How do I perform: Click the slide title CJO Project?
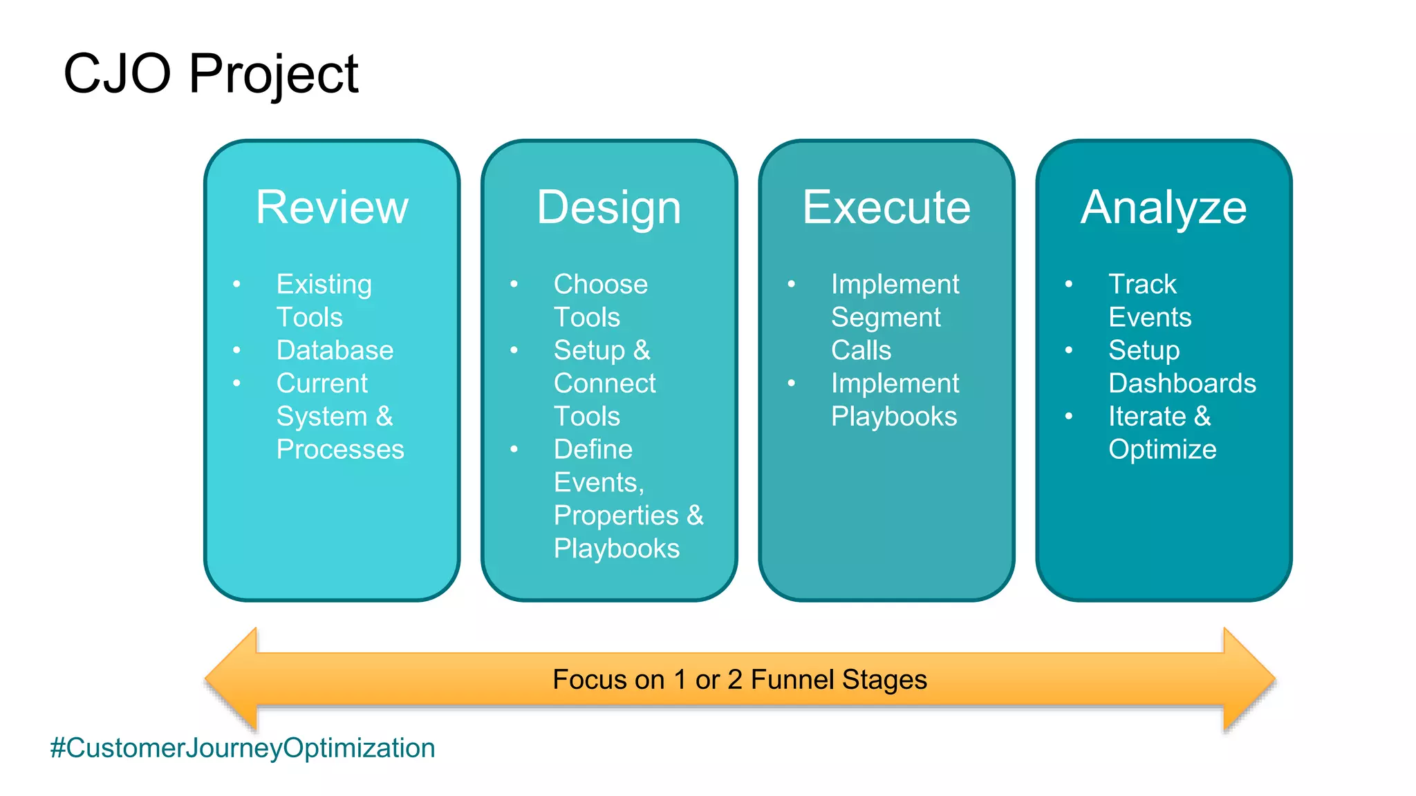coord(210,74)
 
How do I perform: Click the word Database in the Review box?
coord(335,350)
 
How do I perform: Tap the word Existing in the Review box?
coord(324,285)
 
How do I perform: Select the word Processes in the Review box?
coord(340,450)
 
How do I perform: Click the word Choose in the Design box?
coord(600,285)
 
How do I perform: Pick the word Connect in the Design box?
coord(604,383)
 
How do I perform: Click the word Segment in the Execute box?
coord(886,318)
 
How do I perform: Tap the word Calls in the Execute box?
coord(861,350)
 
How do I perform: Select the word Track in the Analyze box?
coord(1142,285)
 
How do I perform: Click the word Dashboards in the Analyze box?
coord(1182,383)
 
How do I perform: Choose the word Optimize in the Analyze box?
coord(1162,450)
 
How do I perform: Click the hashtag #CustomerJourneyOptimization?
coord(242,748)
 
